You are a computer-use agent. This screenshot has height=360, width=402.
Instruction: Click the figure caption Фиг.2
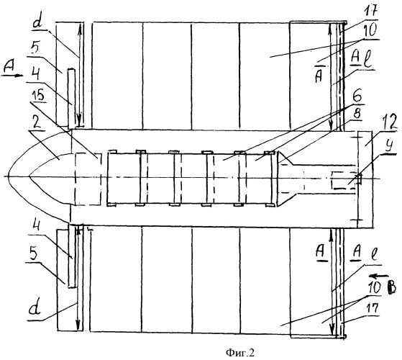coord(240,353)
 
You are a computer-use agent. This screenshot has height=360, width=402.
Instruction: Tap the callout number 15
coord(39,96)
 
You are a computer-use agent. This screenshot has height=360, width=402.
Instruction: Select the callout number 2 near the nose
coord(37,123)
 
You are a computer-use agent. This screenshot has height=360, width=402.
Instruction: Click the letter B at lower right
coord(392,288)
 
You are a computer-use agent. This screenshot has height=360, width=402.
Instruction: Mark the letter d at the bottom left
coord(35,310)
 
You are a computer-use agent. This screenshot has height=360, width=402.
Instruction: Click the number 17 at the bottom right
coord(373,309)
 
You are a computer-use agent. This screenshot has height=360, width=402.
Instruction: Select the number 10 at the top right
coord(371,31)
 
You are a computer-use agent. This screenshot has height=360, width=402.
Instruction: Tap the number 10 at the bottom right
coord(375,289)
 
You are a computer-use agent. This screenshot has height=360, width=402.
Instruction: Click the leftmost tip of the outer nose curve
coord(8,177)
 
